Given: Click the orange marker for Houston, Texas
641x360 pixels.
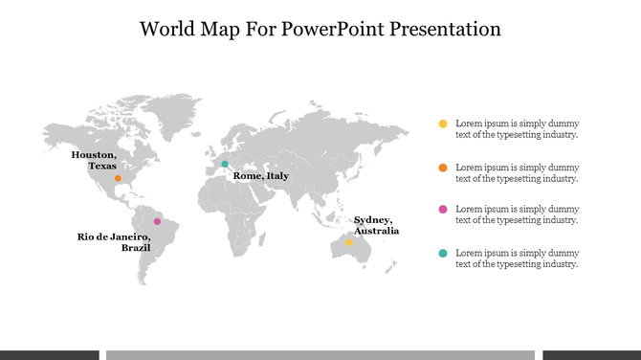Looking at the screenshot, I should [x=118, y=178].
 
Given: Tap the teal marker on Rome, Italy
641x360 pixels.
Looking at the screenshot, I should [x=225, y=164].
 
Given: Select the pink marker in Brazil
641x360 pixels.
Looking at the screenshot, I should [x=158, y=221].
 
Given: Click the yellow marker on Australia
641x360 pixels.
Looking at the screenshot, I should [x=349, y=242].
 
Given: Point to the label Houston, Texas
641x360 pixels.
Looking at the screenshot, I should [x=95, y=160].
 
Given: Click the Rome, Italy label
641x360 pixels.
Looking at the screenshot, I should [x=260, y=176].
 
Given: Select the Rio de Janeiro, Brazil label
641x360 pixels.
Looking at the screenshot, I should [x=114, y=241].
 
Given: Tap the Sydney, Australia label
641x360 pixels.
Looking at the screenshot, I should [x=376, y=225].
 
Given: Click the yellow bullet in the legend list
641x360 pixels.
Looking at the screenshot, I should [x=442, y=124].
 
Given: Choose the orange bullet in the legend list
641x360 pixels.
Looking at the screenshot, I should [x=442, y=168].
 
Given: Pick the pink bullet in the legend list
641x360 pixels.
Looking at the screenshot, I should [x=442, y=209].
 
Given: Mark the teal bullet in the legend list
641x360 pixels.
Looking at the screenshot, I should [x=442, y=253].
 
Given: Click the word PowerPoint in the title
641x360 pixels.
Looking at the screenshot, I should [x=329, y=29].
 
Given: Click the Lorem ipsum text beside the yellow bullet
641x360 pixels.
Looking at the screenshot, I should [x=517, y=129].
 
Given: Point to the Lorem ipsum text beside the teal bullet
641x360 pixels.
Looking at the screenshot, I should [x=517, y=259].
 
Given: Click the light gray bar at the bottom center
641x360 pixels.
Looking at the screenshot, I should [x=320, y=354].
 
